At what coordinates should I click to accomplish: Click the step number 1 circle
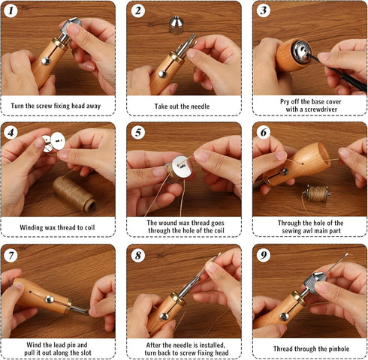(11, 10)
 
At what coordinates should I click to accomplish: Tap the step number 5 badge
(138, 133)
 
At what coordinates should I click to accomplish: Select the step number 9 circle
(264, 255)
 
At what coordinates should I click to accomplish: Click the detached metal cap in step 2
(176, 25)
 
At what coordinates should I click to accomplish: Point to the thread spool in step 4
(74, 193)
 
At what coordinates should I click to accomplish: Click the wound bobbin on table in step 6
(317, 193)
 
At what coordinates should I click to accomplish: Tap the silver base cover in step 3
(302, 52)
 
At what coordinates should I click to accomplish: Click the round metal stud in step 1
(45, 61)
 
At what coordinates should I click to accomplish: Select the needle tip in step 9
(347, 254)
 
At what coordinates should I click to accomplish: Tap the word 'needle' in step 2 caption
(200, 106)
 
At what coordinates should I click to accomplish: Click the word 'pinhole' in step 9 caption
(338, 349)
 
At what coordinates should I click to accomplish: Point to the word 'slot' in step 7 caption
(86, 352)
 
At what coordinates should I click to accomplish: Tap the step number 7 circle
(11, 256)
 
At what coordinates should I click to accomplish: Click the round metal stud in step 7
(50, 299)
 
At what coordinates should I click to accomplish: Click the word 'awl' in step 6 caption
(307, 230)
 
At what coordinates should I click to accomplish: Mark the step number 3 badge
(264, 10)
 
